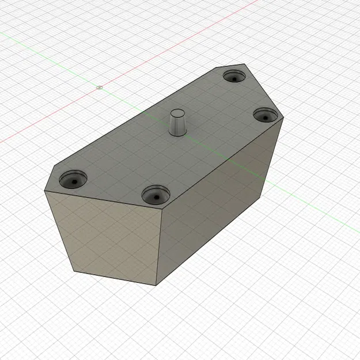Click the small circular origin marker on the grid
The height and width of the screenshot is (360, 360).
[x=100, y=88]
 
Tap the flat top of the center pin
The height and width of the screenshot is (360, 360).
[x=178, y=111]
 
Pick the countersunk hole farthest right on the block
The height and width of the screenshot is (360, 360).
[x=266, y=115]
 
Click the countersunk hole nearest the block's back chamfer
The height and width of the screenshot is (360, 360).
[x=234, y=77]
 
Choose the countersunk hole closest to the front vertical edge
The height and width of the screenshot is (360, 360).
[x=155, y=195]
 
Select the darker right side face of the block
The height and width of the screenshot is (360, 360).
[x=219, y=207]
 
